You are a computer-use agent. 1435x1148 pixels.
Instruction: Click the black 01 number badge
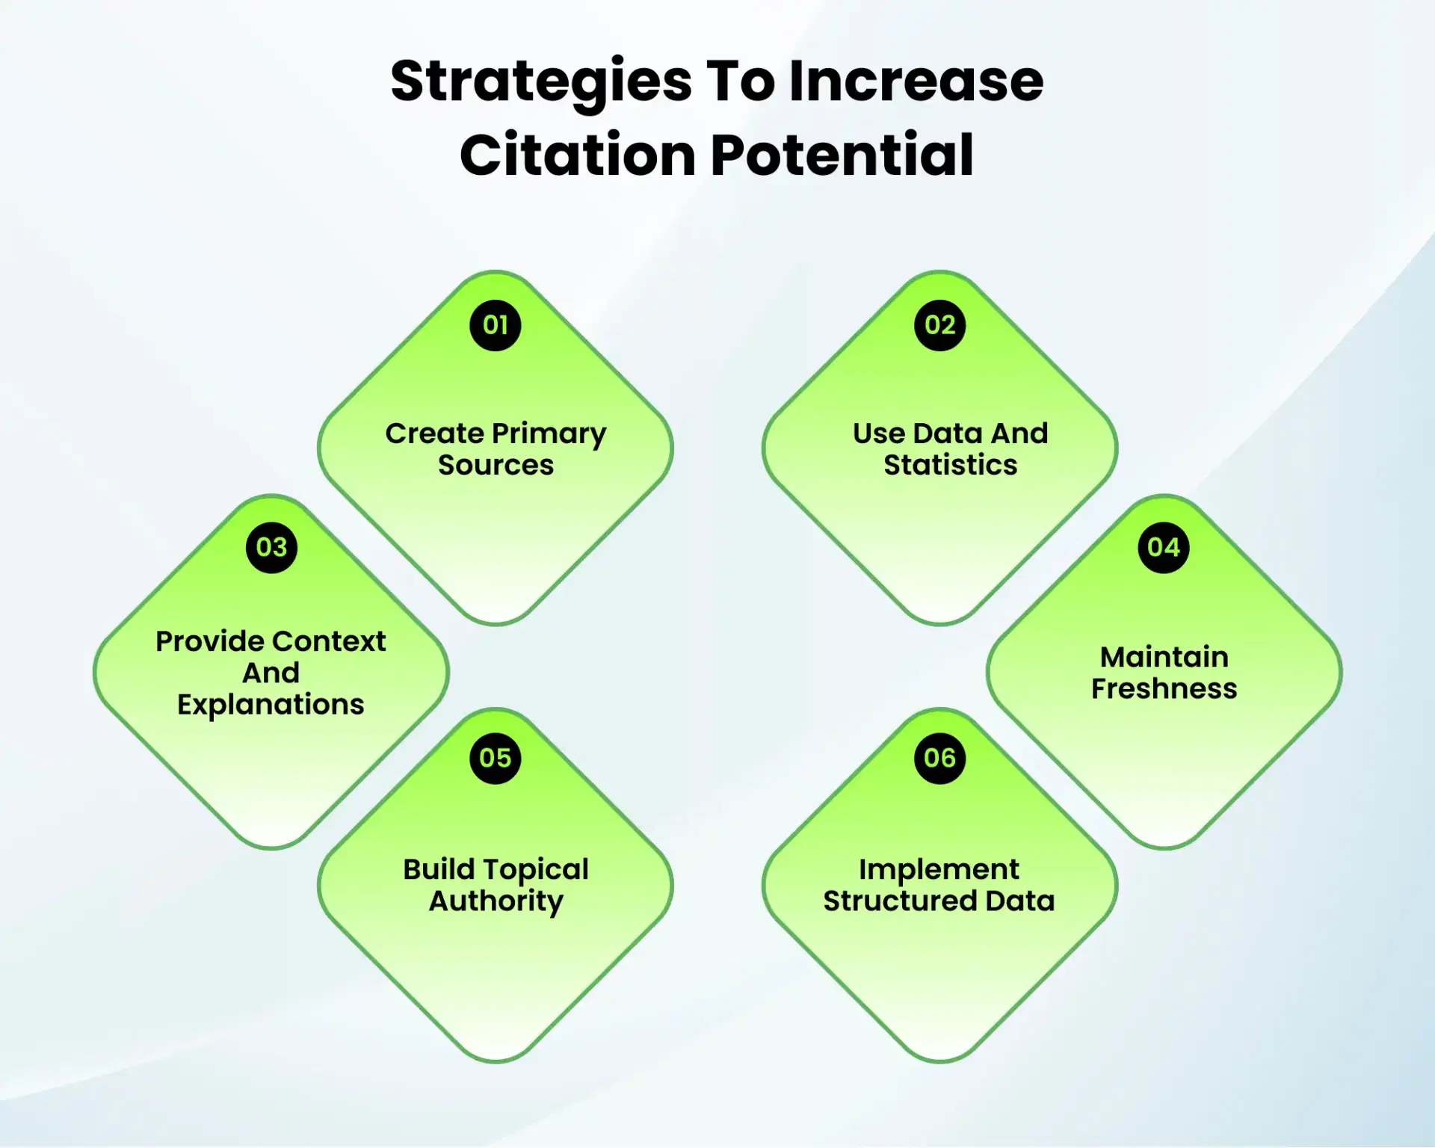[x=495, y=325]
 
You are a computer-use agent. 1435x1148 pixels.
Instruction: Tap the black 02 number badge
[x=939, y=325]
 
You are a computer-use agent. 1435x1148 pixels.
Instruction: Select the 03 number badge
[x=271, y=547]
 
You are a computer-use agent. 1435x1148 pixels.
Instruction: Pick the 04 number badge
[x=1163, y=547]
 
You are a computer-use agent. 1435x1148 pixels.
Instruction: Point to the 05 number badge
[x=495, y=758]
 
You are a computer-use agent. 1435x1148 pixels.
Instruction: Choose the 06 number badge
[x=939, y=758]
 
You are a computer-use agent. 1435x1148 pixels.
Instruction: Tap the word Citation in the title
[x=578, y=155]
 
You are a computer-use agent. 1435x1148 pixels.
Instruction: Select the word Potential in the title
[x=842, y=155]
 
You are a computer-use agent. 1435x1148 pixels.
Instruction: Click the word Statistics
[x=950, y=465]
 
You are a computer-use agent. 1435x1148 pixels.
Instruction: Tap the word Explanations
[x=271, y=705]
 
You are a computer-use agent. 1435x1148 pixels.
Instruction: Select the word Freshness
[x=1164, y=688]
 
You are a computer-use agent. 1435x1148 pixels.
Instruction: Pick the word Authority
[x=496, y=902]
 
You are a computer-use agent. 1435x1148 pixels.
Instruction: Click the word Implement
[x=939, y=870]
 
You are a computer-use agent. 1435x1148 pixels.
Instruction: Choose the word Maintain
[x=1164, y=657]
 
